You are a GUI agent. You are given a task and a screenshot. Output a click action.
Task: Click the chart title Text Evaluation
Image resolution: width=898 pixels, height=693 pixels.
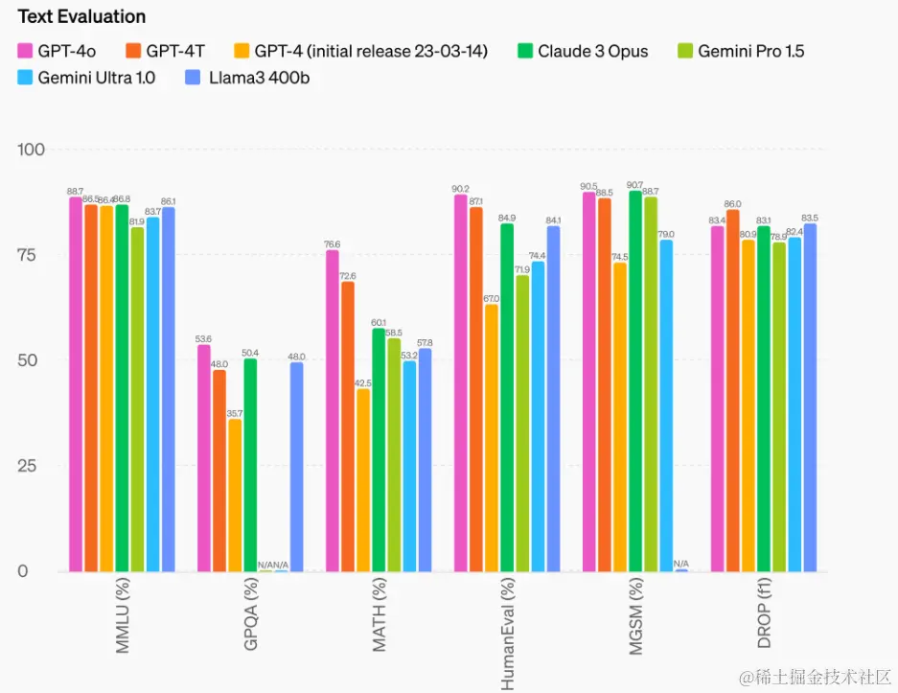point(81,16)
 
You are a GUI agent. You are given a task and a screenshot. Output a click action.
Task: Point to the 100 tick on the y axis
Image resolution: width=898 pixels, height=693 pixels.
point(34,150)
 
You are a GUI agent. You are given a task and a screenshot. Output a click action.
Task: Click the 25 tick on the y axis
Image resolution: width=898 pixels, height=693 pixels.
point(37,466)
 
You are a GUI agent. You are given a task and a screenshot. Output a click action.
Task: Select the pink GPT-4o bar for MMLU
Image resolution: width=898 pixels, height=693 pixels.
point(76,383)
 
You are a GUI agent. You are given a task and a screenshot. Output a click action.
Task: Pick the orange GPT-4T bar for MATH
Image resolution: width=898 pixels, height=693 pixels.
point(348,427)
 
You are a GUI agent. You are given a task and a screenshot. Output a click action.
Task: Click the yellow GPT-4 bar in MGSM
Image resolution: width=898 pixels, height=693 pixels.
point(620,417)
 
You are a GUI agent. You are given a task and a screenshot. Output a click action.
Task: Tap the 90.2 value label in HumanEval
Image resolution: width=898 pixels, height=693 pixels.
point(460,189)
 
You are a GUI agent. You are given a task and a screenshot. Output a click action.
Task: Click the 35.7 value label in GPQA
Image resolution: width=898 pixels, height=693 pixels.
point(235,413)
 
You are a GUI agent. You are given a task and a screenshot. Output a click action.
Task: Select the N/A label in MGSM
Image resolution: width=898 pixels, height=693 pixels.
point(681,563)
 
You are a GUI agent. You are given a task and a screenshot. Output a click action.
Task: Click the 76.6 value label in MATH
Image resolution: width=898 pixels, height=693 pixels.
point(333,244)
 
